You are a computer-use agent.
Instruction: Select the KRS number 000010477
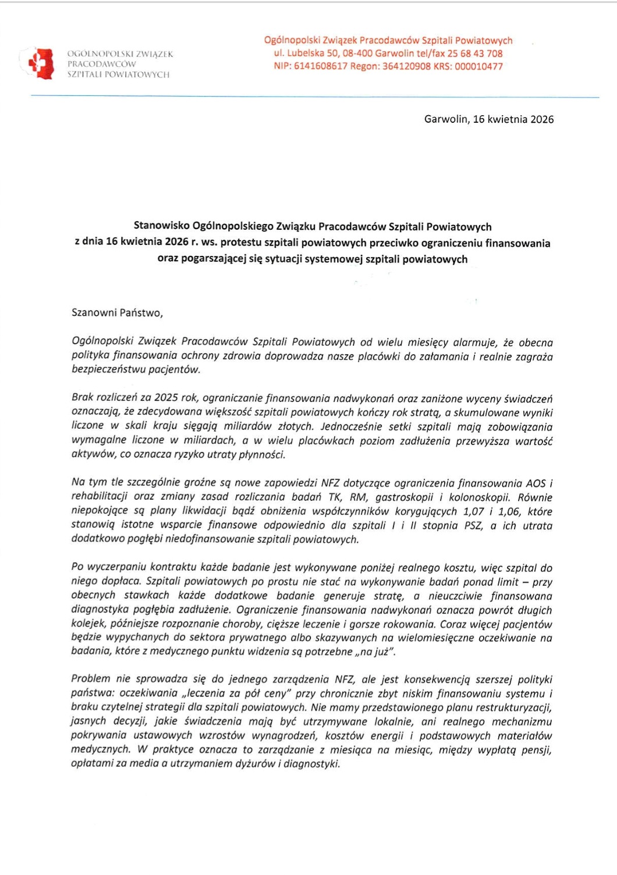pyautogui.click(x=478, y=66)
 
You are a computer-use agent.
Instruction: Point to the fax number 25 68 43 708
pyautogui.click(x=475, y=54)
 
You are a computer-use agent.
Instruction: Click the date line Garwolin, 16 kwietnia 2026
pyautogui.click(x=489, y=119)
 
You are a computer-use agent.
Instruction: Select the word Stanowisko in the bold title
pyautogui.click(x=162, y=226)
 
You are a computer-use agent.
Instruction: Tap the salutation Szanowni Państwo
pyautogui.click(x=117, y=313)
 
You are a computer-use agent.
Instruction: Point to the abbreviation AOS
pyautogui.click(x=536, y=483)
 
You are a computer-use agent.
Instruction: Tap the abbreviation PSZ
pyautogui.click(x=471, y=525)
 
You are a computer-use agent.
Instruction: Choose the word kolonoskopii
pyautogui.click(x=480, y=497)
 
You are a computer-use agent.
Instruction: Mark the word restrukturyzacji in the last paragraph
pyautogui.click(x=513, y=707)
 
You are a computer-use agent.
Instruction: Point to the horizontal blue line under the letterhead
pyautogui.click(x=314, y=97)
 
